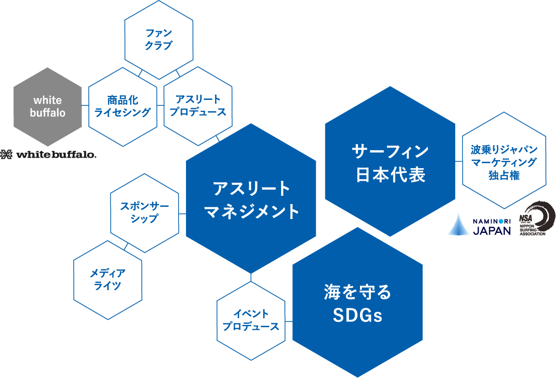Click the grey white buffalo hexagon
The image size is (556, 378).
coord(48,106)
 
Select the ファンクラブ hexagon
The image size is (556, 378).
coord(158,40)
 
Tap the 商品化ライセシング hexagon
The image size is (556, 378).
coord(123,106)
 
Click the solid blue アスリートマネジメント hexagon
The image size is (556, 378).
coord(251,199)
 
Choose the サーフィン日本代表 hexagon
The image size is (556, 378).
coord(391,162)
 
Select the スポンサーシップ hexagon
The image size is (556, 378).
coord(145,213)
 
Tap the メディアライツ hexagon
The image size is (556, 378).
coord(108,280)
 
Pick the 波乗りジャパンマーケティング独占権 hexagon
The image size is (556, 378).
coord(503,162)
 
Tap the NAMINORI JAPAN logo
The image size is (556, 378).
coord(479,224)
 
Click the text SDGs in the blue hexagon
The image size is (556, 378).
coord(357,316)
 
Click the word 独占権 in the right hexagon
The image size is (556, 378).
coord(503,175)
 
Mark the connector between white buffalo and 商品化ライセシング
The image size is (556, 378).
coord(85,106)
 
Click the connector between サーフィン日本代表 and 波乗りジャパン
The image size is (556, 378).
coord(458,162)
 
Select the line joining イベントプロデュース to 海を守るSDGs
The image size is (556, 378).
coord(289,321)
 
